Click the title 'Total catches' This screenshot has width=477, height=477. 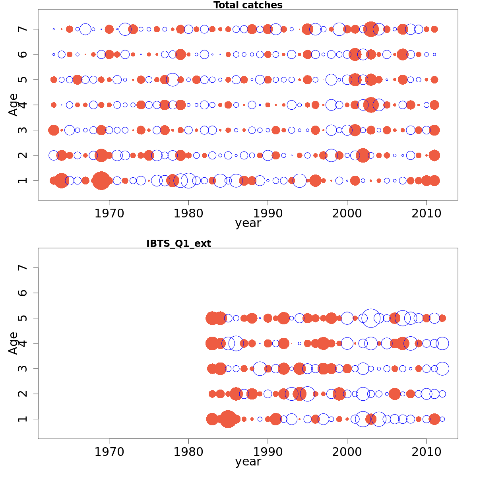pos(248,5)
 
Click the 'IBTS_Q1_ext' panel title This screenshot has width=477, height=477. pos(178,244)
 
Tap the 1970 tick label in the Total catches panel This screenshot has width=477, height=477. pos(109,213)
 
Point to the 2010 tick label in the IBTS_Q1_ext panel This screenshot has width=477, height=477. pos(427,452)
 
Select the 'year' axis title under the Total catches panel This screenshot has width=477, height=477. pos(248,223)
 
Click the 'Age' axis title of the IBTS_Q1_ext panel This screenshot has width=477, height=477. pos(14,343)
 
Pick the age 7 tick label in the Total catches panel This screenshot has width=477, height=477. pos(23,29)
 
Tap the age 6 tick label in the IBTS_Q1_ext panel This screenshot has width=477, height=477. pos(23,293)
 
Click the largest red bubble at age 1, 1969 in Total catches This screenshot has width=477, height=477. pos(101,180)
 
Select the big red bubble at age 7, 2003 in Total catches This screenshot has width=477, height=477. pos(371,29)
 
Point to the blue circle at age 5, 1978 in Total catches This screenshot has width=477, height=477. pos(173,79)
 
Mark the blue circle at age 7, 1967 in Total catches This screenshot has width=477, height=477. pos(85,29)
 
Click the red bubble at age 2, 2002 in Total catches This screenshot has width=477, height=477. pos(363,155)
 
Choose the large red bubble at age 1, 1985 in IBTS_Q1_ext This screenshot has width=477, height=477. pos(228,419)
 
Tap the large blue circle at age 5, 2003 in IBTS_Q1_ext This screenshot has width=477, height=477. pos(371,318)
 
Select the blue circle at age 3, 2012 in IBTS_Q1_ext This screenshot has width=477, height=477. pos(442,368)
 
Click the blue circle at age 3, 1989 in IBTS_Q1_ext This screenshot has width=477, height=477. pos(260,368)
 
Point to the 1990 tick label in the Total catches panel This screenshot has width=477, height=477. pos(268,213)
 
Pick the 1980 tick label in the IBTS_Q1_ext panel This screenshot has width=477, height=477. pos(188,452)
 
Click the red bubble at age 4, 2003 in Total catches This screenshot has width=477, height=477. pos(371,105)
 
